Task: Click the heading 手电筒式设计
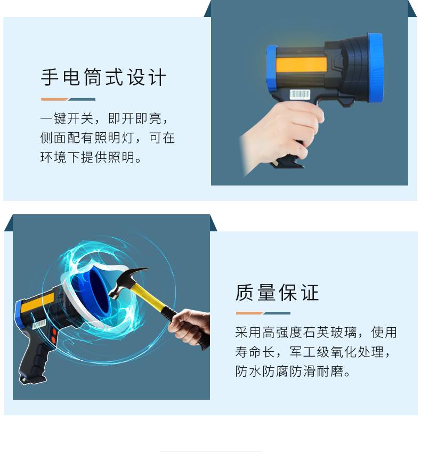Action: tap(103, 77)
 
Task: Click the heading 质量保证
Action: tap(277, 292)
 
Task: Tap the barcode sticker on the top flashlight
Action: tap(299, 94)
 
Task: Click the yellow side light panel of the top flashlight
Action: tap(302, 64)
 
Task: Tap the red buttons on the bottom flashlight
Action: tap(54, 336)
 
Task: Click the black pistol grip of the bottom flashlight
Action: tap(34, 360)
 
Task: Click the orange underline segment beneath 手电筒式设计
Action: tap(54, 100)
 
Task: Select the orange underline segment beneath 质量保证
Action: tap(249, 313)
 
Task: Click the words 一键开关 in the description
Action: tap(67, 118)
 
